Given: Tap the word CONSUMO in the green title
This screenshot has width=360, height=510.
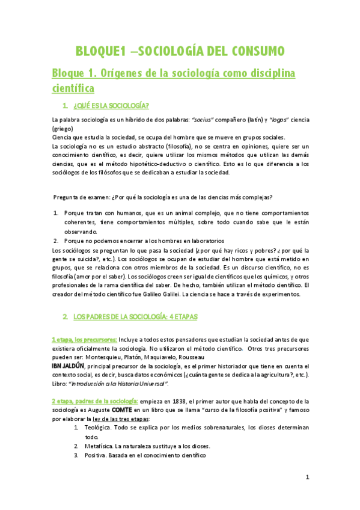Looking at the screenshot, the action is click(251, 51).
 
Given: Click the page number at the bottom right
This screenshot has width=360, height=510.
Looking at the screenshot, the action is click(307, 478).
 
